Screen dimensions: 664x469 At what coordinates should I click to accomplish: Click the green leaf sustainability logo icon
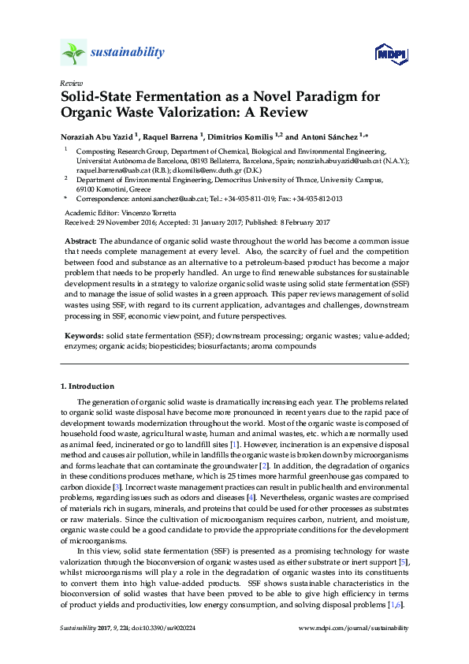73,53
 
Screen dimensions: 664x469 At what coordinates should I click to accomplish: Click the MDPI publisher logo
391,53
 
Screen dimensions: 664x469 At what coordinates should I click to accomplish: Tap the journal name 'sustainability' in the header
128,53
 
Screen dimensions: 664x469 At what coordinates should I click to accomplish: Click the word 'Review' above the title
70,83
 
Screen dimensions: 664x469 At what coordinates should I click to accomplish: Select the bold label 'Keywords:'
83,335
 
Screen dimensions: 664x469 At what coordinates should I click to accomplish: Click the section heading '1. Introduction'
87,386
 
